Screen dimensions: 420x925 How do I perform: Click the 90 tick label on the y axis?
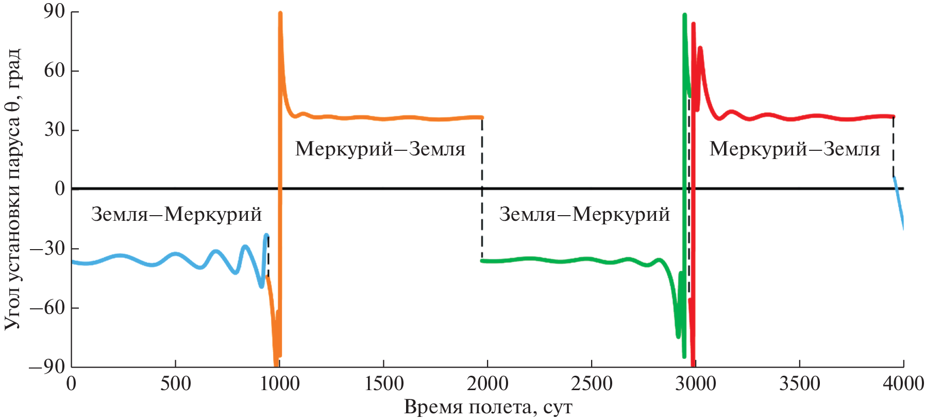coord(54,11)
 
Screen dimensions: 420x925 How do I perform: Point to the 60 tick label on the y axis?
coord(54,71)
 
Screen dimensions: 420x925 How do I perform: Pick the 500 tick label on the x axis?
coord(175,384)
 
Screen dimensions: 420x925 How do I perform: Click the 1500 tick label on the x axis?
coord(383,384)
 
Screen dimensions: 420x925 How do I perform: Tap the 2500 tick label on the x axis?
coord(592,384)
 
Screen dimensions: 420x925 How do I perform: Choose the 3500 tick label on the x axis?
coord(799,384)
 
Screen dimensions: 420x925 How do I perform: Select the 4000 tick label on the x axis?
coord(903,384)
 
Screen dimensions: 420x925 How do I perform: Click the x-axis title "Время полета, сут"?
coord(488,407)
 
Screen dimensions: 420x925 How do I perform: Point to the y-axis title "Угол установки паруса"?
coord(12,189)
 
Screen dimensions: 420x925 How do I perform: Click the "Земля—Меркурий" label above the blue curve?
coord(176,214)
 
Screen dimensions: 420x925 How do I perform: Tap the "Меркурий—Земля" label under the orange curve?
coord(380,149)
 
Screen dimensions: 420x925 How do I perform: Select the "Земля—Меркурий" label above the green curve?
coord(584,214)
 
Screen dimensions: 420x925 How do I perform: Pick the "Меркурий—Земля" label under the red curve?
coord(795,149)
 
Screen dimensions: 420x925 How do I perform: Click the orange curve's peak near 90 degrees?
coord(280,14)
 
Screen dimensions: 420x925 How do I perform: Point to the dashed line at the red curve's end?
coord(894,147)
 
